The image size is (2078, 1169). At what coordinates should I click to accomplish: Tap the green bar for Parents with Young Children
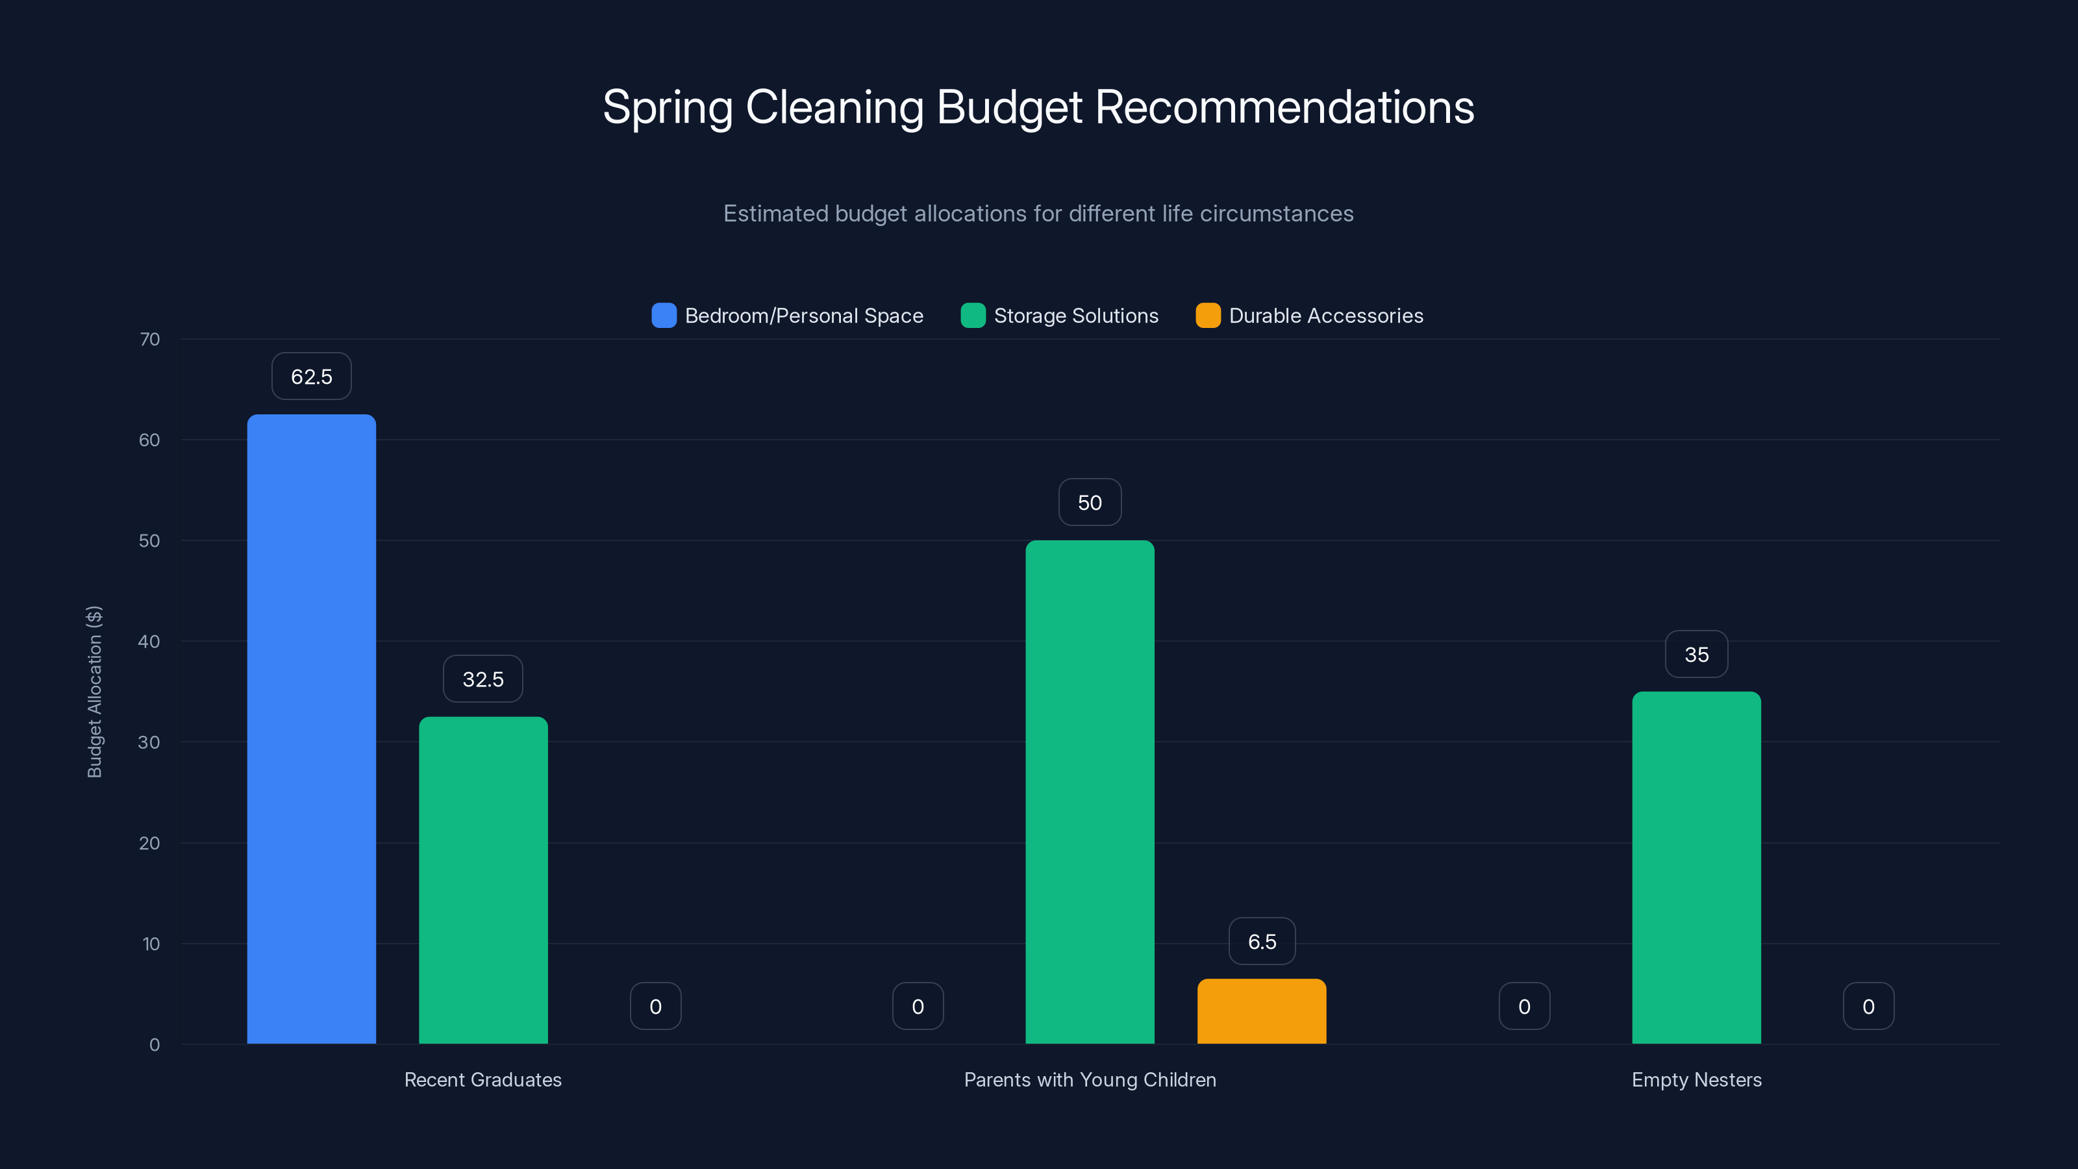coord(1090,792)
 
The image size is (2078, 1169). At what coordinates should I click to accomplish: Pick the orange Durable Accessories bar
coord(1262,1011)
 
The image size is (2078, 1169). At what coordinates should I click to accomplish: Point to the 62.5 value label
coord(312,377)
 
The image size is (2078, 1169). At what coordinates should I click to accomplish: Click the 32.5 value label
coord(483,679)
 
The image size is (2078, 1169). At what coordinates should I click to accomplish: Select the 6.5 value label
coord(1262,942)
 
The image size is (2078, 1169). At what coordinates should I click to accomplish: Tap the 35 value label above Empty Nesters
coord(1696,654)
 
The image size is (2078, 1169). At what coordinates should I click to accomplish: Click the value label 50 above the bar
coord(1090,503)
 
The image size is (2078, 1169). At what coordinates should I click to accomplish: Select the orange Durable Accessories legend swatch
coord(1208,316)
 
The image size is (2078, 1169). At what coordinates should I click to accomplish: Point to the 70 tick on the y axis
coord(150,339)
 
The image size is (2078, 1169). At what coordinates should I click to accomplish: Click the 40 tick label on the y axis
coord(149,642)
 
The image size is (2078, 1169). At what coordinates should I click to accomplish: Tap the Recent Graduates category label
coord(482,1079)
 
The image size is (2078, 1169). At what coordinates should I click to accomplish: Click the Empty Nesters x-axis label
coord(1696,1079)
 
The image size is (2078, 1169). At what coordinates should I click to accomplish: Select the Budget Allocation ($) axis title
coord(94,692)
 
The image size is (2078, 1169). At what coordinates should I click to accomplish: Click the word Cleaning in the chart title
coord(834,107)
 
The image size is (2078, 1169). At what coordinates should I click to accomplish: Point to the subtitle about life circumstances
coord(1038,214)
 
